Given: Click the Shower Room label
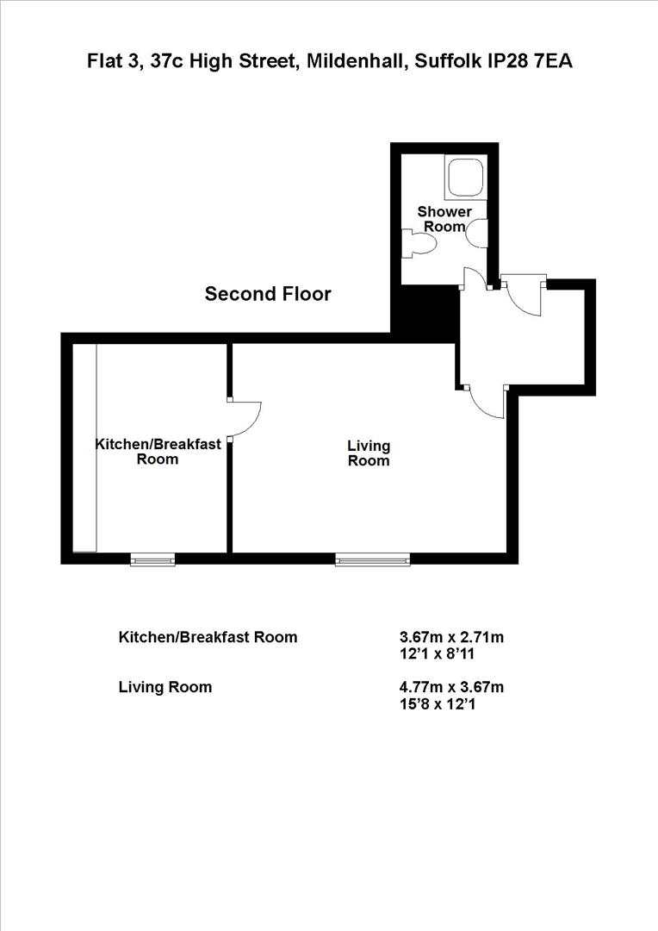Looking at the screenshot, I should tap(444, 219).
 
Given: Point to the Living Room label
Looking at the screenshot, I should tap(369, 453).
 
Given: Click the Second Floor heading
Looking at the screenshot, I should tap(268, 294).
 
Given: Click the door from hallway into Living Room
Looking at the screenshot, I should tap(487, 403).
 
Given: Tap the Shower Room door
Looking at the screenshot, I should tap(472, 279).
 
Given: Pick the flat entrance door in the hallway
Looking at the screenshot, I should tap(523, 297).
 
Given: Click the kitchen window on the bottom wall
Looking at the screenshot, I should tap(152, 560).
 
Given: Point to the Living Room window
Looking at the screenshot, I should tap(373, 560).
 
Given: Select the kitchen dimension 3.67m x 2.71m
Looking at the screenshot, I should tap(451, 638).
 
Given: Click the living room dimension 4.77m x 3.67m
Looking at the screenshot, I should tap(451, 688).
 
